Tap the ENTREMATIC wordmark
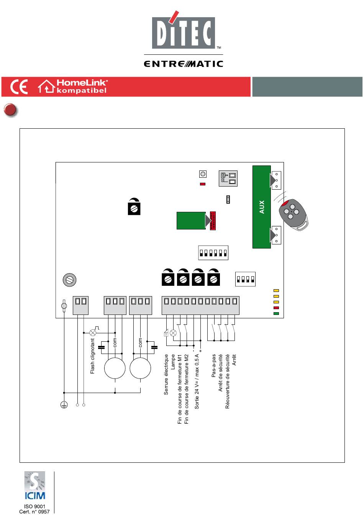[184, 64]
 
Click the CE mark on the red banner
[19, 87]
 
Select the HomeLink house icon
[46, 86]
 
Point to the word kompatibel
[81, 90]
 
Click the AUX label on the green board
[262, 207]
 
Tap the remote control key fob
[293, 215]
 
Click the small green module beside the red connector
[191, 221]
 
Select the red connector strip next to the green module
[213, 221]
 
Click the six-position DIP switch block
[213, 252]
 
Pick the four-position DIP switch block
[245, 279]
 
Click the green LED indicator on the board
[276, 313]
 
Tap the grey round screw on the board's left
[70, 280]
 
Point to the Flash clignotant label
[92, 356]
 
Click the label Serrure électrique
[166, 375]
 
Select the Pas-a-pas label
[213, 365]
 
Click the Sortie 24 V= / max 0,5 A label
[197, 382]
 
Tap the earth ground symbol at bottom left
[64, 405]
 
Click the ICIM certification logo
[34, 485]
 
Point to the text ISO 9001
[34, 506]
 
